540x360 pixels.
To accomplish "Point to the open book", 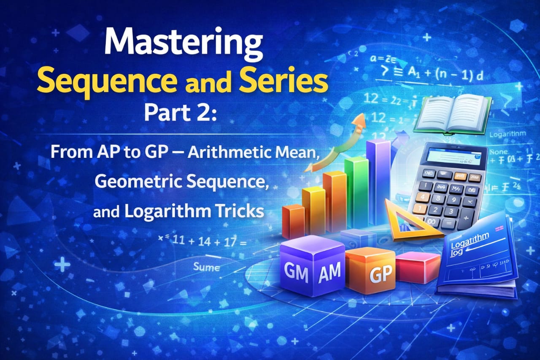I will click(452, 114).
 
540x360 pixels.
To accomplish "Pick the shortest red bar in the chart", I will click(293, 222).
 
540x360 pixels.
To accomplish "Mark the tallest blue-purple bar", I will click(378, 181).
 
